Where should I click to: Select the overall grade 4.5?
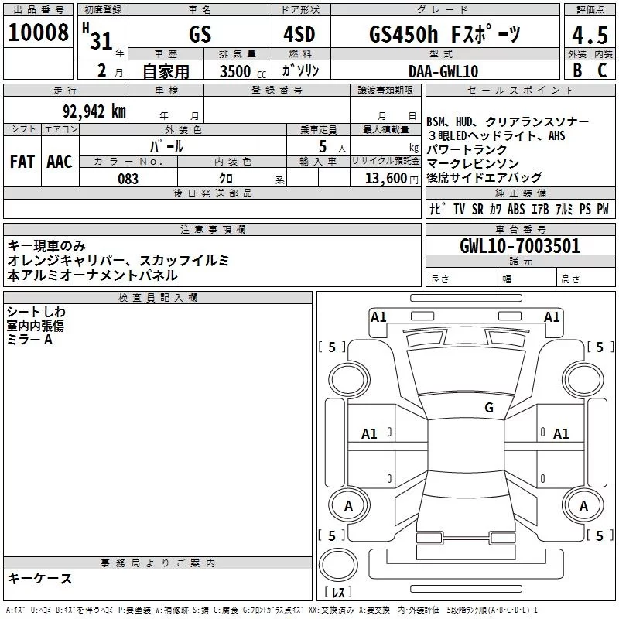587,36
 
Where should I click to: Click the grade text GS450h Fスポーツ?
444,35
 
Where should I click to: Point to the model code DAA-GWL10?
443,71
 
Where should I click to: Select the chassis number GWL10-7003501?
519,247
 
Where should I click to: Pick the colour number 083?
128,179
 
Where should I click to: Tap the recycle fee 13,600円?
389,179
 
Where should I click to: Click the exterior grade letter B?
576,70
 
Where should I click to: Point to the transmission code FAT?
22,162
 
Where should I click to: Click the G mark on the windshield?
489,408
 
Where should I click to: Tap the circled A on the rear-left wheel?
348,506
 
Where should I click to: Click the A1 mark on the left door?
370,434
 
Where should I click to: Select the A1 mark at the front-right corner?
552,316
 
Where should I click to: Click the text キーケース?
39,579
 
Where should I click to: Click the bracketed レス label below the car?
338,593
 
